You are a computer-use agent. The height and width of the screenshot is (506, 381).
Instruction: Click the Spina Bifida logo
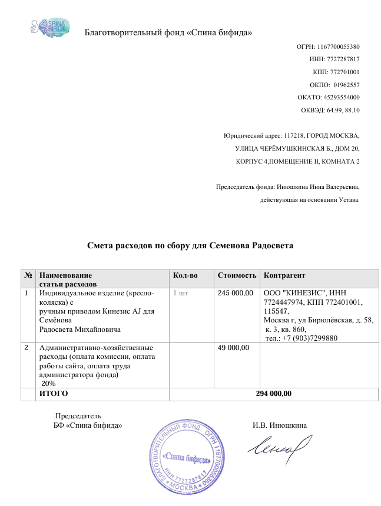[x=50, y=27]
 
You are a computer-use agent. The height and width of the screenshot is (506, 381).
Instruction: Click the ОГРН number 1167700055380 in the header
[x=339, y=46]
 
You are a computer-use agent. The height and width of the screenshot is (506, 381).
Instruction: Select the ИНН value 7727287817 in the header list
[x=342, y=59]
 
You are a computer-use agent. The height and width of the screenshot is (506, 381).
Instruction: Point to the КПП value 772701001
[x=345, y=72]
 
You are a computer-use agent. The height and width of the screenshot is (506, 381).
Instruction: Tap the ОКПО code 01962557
[x=346, y=85]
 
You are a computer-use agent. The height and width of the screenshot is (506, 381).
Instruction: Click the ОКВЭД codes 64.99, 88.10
[x=342, y=110]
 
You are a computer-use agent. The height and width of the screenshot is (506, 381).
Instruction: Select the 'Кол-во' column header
[x=185, y=275]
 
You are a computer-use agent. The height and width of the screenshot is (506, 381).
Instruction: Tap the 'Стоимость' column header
[x=237, y=275]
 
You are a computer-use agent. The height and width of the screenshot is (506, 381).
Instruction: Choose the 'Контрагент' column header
[x=285, y=275]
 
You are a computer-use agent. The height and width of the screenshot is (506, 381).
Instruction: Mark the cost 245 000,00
[x=236, y=292]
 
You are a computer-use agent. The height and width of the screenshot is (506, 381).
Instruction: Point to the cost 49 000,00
[x=234, y=348]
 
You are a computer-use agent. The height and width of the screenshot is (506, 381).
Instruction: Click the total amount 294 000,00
[x=274, y=394]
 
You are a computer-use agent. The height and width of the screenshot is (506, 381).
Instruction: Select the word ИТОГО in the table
[x=54, y=394]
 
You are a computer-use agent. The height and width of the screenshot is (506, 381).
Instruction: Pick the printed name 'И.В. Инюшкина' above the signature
[x=279, y=425]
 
